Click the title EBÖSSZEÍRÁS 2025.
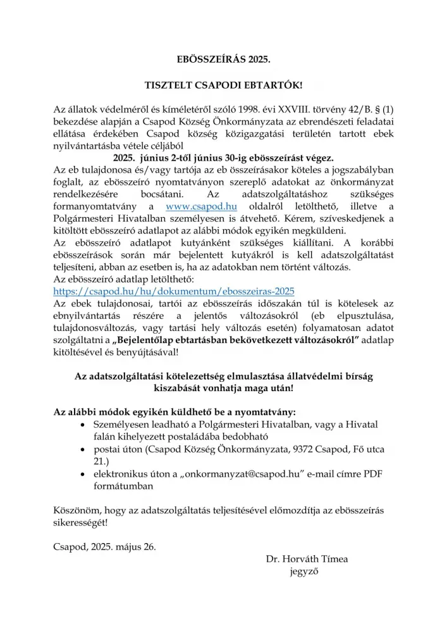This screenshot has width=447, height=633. point(223,60)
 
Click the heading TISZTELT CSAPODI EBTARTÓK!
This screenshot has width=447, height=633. point(223,85)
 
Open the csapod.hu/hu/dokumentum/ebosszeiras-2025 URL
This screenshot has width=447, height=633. point(174,291)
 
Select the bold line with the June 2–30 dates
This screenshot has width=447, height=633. point(223,158)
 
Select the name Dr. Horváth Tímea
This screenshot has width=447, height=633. point(307,559)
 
